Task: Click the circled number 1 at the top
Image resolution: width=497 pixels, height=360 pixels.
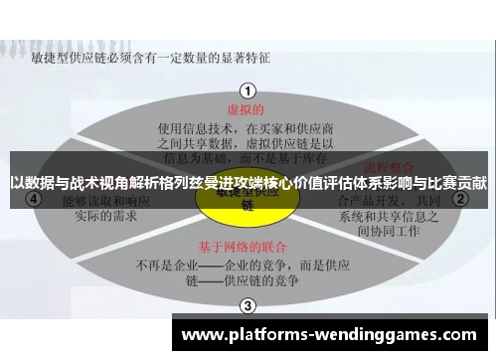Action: coord(248,89)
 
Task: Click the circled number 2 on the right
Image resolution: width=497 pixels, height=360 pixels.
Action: coord(460,199)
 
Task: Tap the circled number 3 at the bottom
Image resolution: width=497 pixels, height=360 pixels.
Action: coord(248,306)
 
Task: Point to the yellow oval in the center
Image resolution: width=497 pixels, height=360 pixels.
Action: coord(248,200)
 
